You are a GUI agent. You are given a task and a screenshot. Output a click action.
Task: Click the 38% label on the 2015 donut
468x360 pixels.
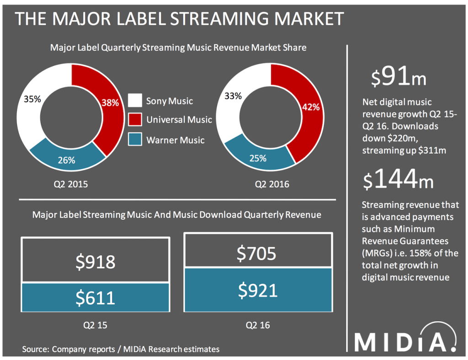pos(110,103)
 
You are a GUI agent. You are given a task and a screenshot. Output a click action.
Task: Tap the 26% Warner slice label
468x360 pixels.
pos(67,160)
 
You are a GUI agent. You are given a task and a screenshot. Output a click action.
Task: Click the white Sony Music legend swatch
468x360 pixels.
pos(135,101)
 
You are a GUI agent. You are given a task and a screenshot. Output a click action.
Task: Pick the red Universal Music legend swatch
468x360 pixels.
pos(135,120)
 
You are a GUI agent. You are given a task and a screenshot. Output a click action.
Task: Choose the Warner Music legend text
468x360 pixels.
pos(175,140)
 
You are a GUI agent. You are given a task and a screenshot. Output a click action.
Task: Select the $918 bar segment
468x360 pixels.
pos(95,261)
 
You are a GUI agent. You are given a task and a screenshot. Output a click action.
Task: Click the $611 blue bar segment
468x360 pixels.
pos(95,297)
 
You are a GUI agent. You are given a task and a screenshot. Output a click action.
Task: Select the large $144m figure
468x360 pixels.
pos(399,179)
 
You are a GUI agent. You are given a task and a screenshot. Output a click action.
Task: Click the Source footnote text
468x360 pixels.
pos(121,349)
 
